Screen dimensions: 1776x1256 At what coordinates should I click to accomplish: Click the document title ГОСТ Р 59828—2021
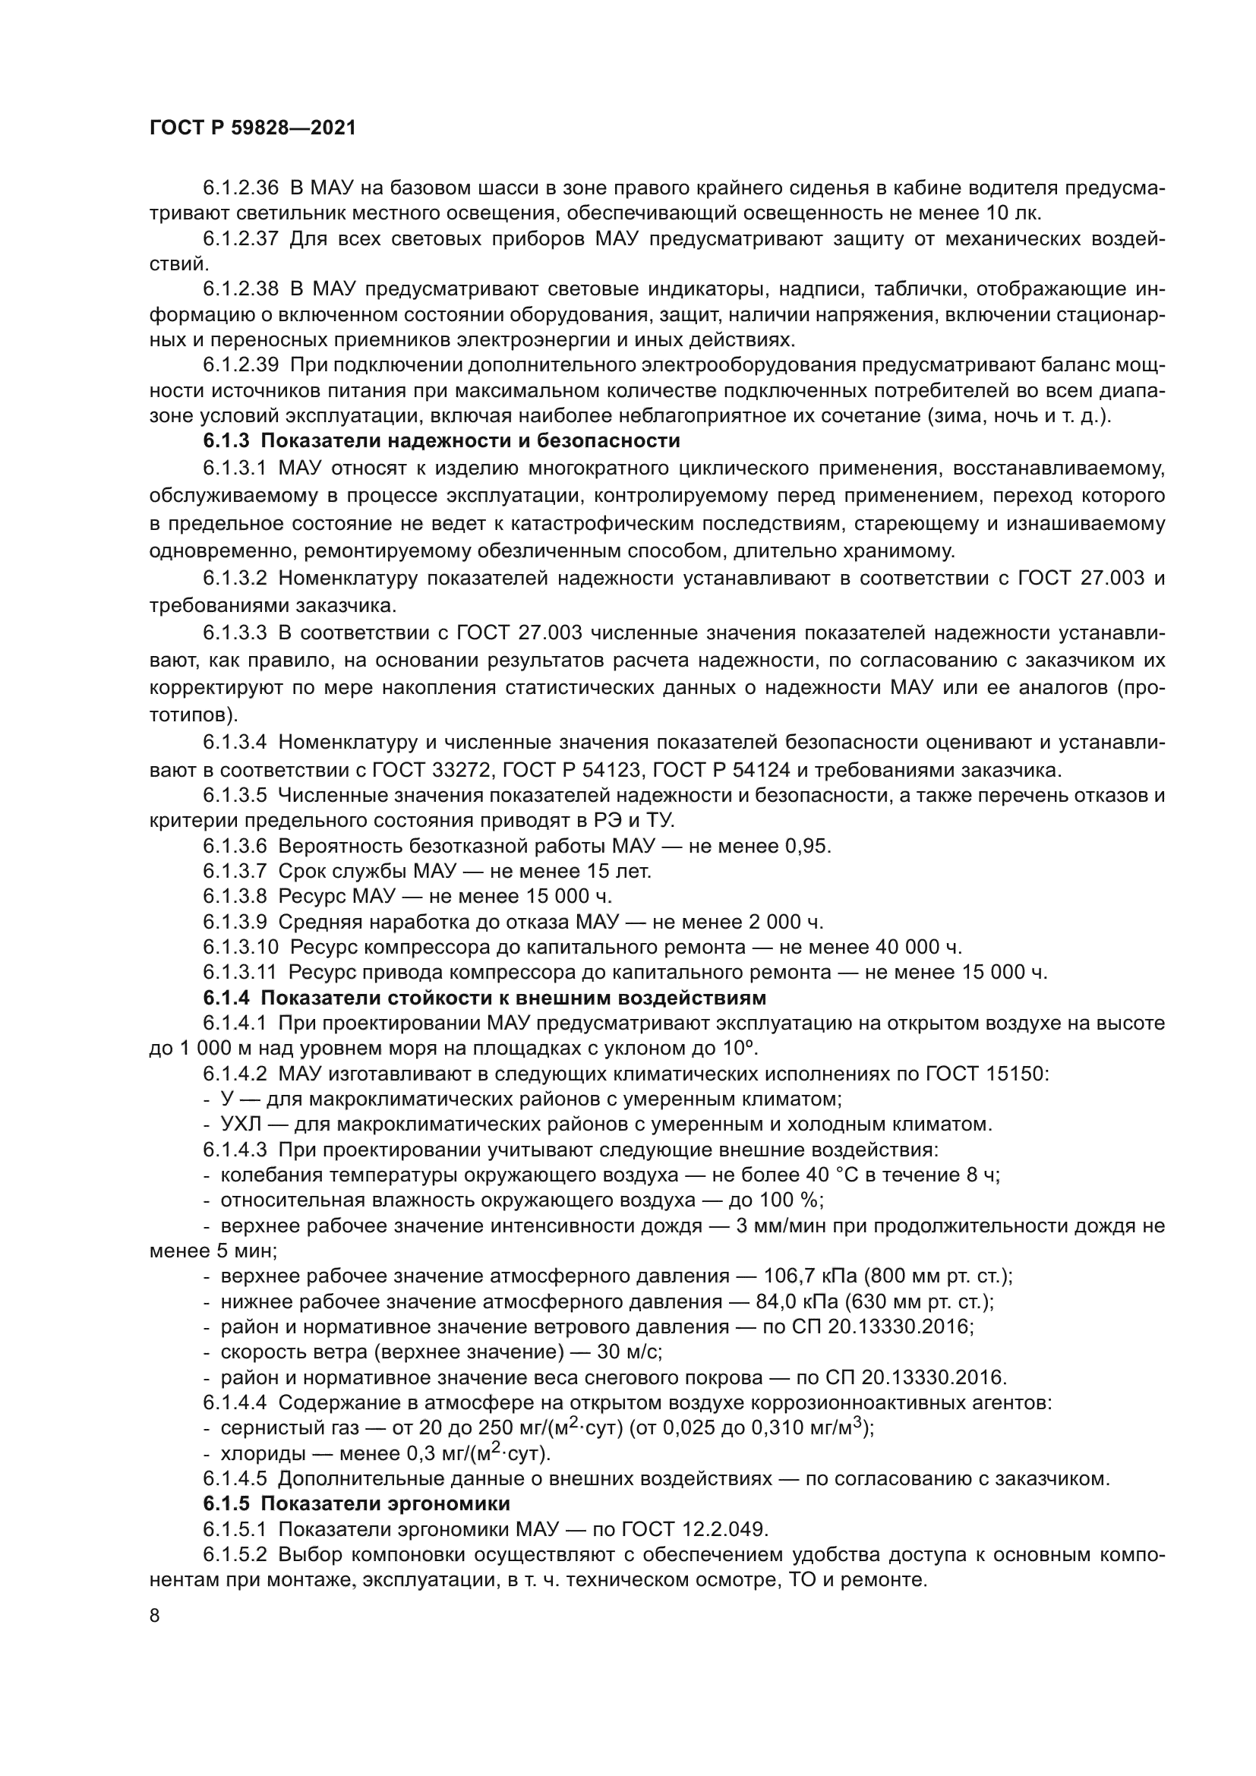253,128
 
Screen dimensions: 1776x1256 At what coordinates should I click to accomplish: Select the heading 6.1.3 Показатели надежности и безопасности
442,441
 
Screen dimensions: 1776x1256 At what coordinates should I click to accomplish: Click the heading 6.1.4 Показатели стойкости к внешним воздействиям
484,997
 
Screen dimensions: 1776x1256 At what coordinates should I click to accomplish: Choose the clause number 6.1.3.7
235,871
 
